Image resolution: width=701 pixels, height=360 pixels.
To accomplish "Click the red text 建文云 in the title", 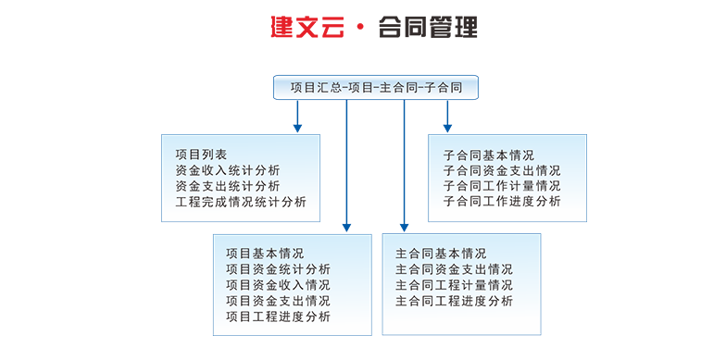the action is click(x=307, y=27).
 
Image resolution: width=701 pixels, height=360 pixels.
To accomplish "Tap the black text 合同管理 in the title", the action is click(x=428, y=27).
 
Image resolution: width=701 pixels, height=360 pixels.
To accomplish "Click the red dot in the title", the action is click(x=361, y=27).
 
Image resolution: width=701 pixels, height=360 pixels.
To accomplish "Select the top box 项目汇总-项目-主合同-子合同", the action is click(x=376, y=87).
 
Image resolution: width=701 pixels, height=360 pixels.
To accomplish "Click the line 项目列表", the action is click(x=201, y=155).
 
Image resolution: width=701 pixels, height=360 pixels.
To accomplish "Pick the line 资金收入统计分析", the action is click(x=228, y=170).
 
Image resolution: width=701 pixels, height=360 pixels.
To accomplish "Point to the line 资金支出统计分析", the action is click(x=228, y=186).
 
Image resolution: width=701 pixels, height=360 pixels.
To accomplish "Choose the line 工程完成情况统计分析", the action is click(x=241, y=202).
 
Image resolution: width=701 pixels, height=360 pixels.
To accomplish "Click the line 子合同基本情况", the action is click(x=489, y=155).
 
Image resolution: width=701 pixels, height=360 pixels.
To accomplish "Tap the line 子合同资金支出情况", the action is click(x=502, y=170).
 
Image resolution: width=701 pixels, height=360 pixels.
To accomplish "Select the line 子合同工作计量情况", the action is click(x=502, y=186).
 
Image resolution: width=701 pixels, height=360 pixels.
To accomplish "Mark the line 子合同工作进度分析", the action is click(x=502, y=202).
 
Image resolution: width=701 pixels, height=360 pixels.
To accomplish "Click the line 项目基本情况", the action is click(x=265, y=254).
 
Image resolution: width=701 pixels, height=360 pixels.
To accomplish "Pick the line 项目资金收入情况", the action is click(x=278, y=285).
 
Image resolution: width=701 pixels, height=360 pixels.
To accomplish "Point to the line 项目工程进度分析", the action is click(x=278, y=317).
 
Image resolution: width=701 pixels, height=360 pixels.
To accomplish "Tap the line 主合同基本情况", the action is click(x=441, y=254).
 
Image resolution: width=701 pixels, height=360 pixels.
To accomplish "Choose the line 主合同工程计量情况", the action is click(x=454, y=285).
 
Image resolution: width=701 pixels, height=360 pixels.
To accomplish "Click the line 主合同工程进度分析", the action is click(x=454, y=301).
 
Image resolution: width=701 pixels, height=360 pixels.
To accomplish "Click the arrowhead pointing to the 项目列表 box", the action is click(x=298, y=129).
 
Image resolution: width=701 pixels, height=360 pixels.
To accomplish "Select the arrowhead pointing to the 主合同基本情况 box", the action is click(x=404, y=228).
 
